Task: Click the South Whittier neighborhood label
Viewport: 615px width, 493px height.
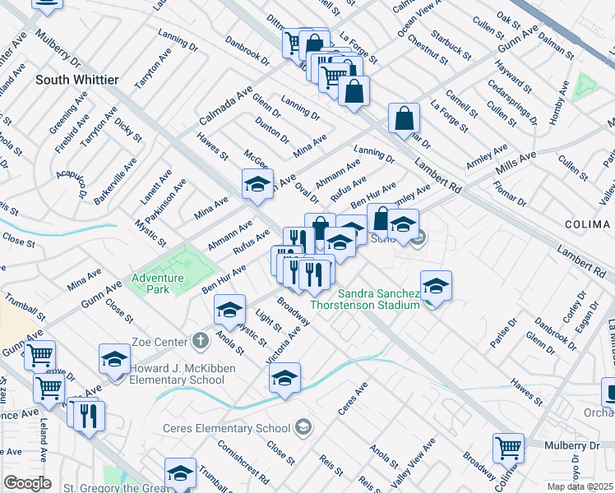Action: click(x=77, y=80)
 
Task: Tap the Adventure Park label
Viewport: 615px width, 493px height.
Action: click(x=158, y=283)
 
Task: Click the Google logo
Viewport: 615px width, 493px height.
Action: click(x=27, y=483)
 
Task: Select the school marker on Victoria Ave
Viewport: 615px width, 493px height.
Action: click(x=284, y=379)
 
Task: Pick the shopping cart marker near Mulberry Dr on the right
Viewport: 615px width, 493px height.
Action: click(x=508, y=449)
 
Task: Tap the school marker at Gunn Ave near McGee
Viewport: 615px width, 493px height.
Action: click(x=257, y=184)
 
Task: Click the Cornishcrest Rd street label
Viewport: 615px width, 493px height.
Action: click(x=244, y=463)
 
